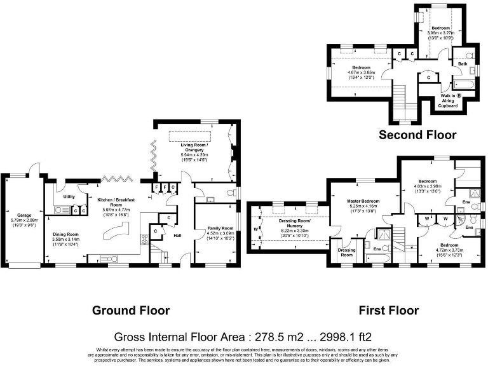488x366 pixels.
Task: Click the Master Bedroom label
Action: click(x=363, y=201)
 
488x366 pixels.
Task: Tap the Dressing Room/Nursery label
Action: click(x=294, y=222)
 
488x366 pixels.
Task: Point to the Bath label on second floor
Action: click(x=463, y=64)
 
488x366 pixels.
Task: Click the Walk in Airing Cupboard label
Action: click(x=449, y=100)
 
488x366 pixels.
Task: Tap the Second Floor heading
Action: click(x=417, y=135)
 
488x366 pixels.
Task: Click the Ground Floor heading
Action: click(x=131, y=310)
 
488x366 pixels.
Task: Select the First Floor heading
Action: click(x=388, y=310)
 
